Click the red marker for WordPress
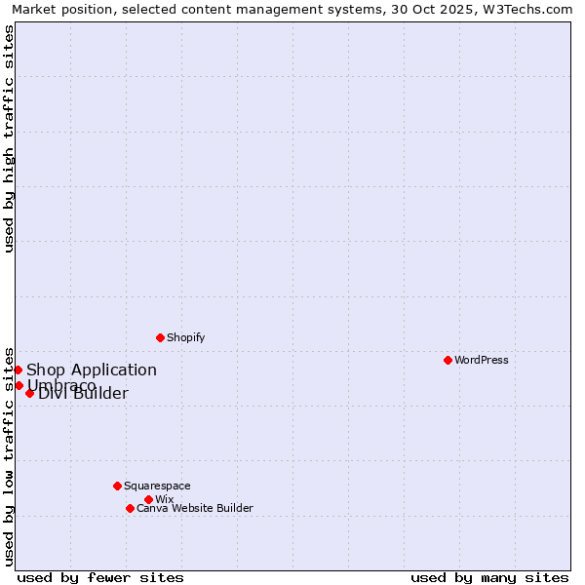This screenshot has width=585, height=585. [448, 360]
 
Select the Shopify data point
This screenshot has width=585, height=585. [160, 337]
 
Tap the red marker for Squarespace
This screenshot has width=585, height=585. [117, 486]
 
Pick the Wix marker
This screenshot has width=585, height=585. [148, 499]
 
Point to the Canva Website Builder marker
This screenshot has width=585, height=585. [130, 508]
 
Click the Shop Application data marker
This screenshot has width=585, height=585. [18, 370]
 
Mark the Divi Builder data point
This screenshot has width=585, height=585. [29, 393]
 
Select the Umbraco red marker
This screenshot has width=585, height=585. [19, 385]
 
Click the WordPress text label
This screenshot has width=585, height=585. [481, 360]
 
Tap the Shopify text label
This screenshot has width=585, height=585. [185, 337]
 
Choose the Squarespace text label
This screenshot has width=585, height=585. [157, 486]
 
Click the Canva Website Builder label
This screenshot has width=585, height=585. [194, 508]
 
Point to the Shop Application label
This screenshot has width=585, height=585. [91, 370]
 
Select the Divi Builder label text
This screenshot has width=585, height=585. [83, 394]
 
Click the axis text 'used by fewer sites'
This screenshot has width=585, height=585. [100, 577]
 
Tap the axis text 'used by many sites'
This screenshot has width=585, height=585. [489, 577]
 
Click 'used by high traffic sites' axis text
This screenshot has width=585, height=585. [10, 138]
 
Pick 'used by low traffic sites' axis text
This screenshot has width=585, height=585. [10, 455]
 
